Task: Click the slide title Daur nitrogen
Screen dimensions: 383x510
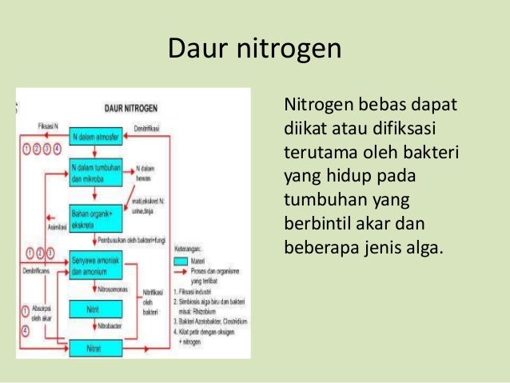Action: [x=254, y=49]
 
